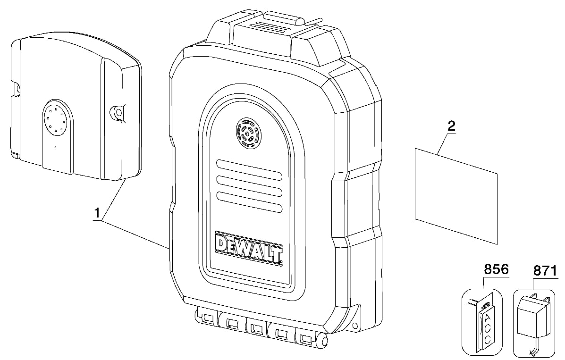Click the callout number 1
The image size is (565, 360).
click(97, 213)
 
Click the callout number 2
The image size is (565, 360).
click(451, 126)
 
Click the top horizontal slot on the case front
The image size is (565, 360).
click(249, 168)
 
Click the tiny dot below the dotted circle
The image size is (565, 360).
click(55, 147)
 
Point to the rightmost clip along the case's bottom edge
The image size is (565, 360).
click(305, 338)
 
